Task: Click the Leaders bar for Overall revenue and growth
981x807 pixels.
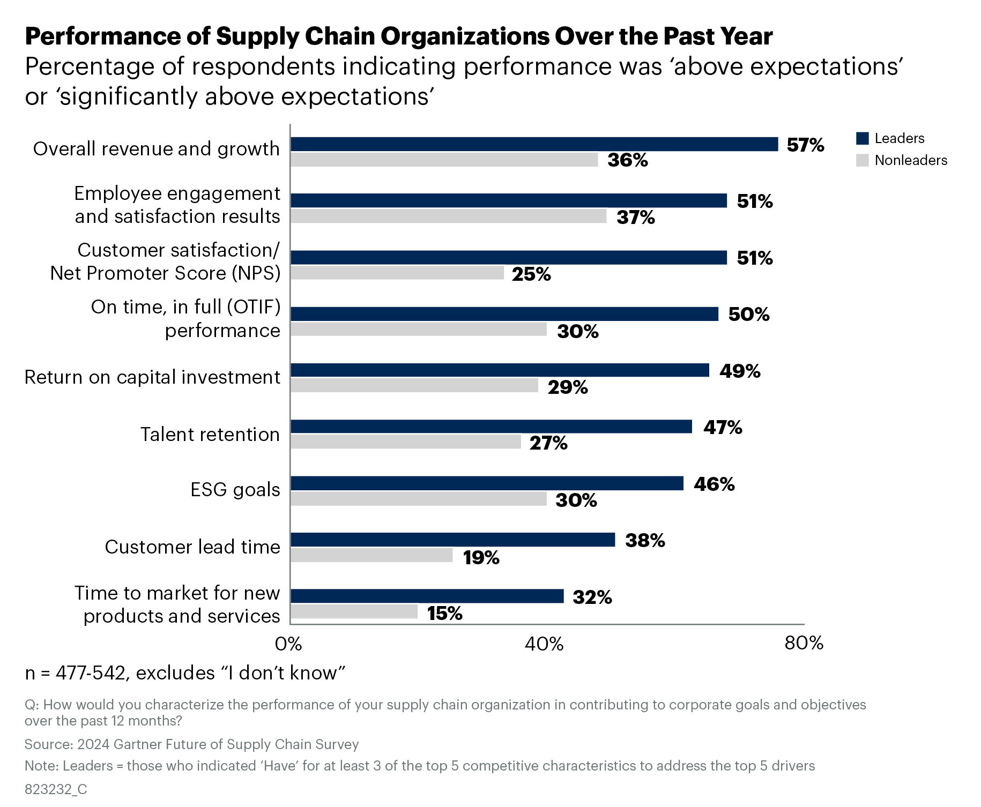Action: (534, 144)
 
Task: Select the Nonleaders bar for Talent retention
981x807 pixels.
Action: (406, 442)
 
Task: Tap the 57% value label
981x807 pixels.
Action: (805, 145)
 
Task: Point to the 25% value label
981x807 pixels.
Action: (531, 274)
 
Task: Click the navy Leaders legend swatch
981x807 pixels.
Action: (862, 138)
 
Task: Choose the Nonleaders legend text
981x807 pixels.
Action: (910, 160)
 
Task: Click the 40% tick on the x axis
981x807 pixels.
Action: (544, 644)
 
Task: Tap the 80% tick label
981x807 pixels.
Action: (803, 643)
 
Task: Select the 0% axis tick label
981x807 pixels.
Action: (288, 644)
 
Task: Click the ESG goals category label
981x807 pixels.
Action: (235, 490)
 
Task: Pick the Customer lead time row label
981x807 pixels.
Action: (192, 547)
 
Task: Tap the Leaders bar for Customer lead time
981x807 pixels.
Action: (452, 540)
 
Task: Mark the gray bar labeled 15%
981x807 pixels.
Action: (354, 611)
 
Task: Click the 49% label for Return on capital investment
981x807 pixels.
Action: (740, 371)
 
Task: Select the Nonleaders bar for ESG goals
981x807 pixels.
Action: (419, 499)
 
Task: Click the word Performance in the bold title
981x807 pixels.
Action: (102, 36)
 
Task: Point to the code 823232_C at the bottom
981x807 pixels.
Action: (56, 789)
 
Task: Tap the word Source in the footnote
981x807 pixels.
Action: (48, 744)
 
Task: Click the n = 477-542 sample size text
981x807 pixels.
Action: (75, 673)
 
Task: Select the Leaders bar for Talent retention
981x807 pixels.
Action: (491, 427)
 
